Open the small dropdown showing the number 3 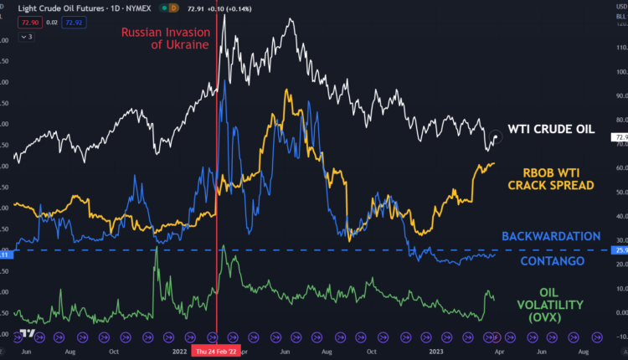coord(27,37)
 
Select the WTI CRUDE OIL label coord(550,130)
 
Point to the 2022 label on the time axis coord(179,351)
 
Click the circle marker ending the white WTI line coord(497,136)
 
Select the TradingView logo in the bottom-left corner coord(28,334)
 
